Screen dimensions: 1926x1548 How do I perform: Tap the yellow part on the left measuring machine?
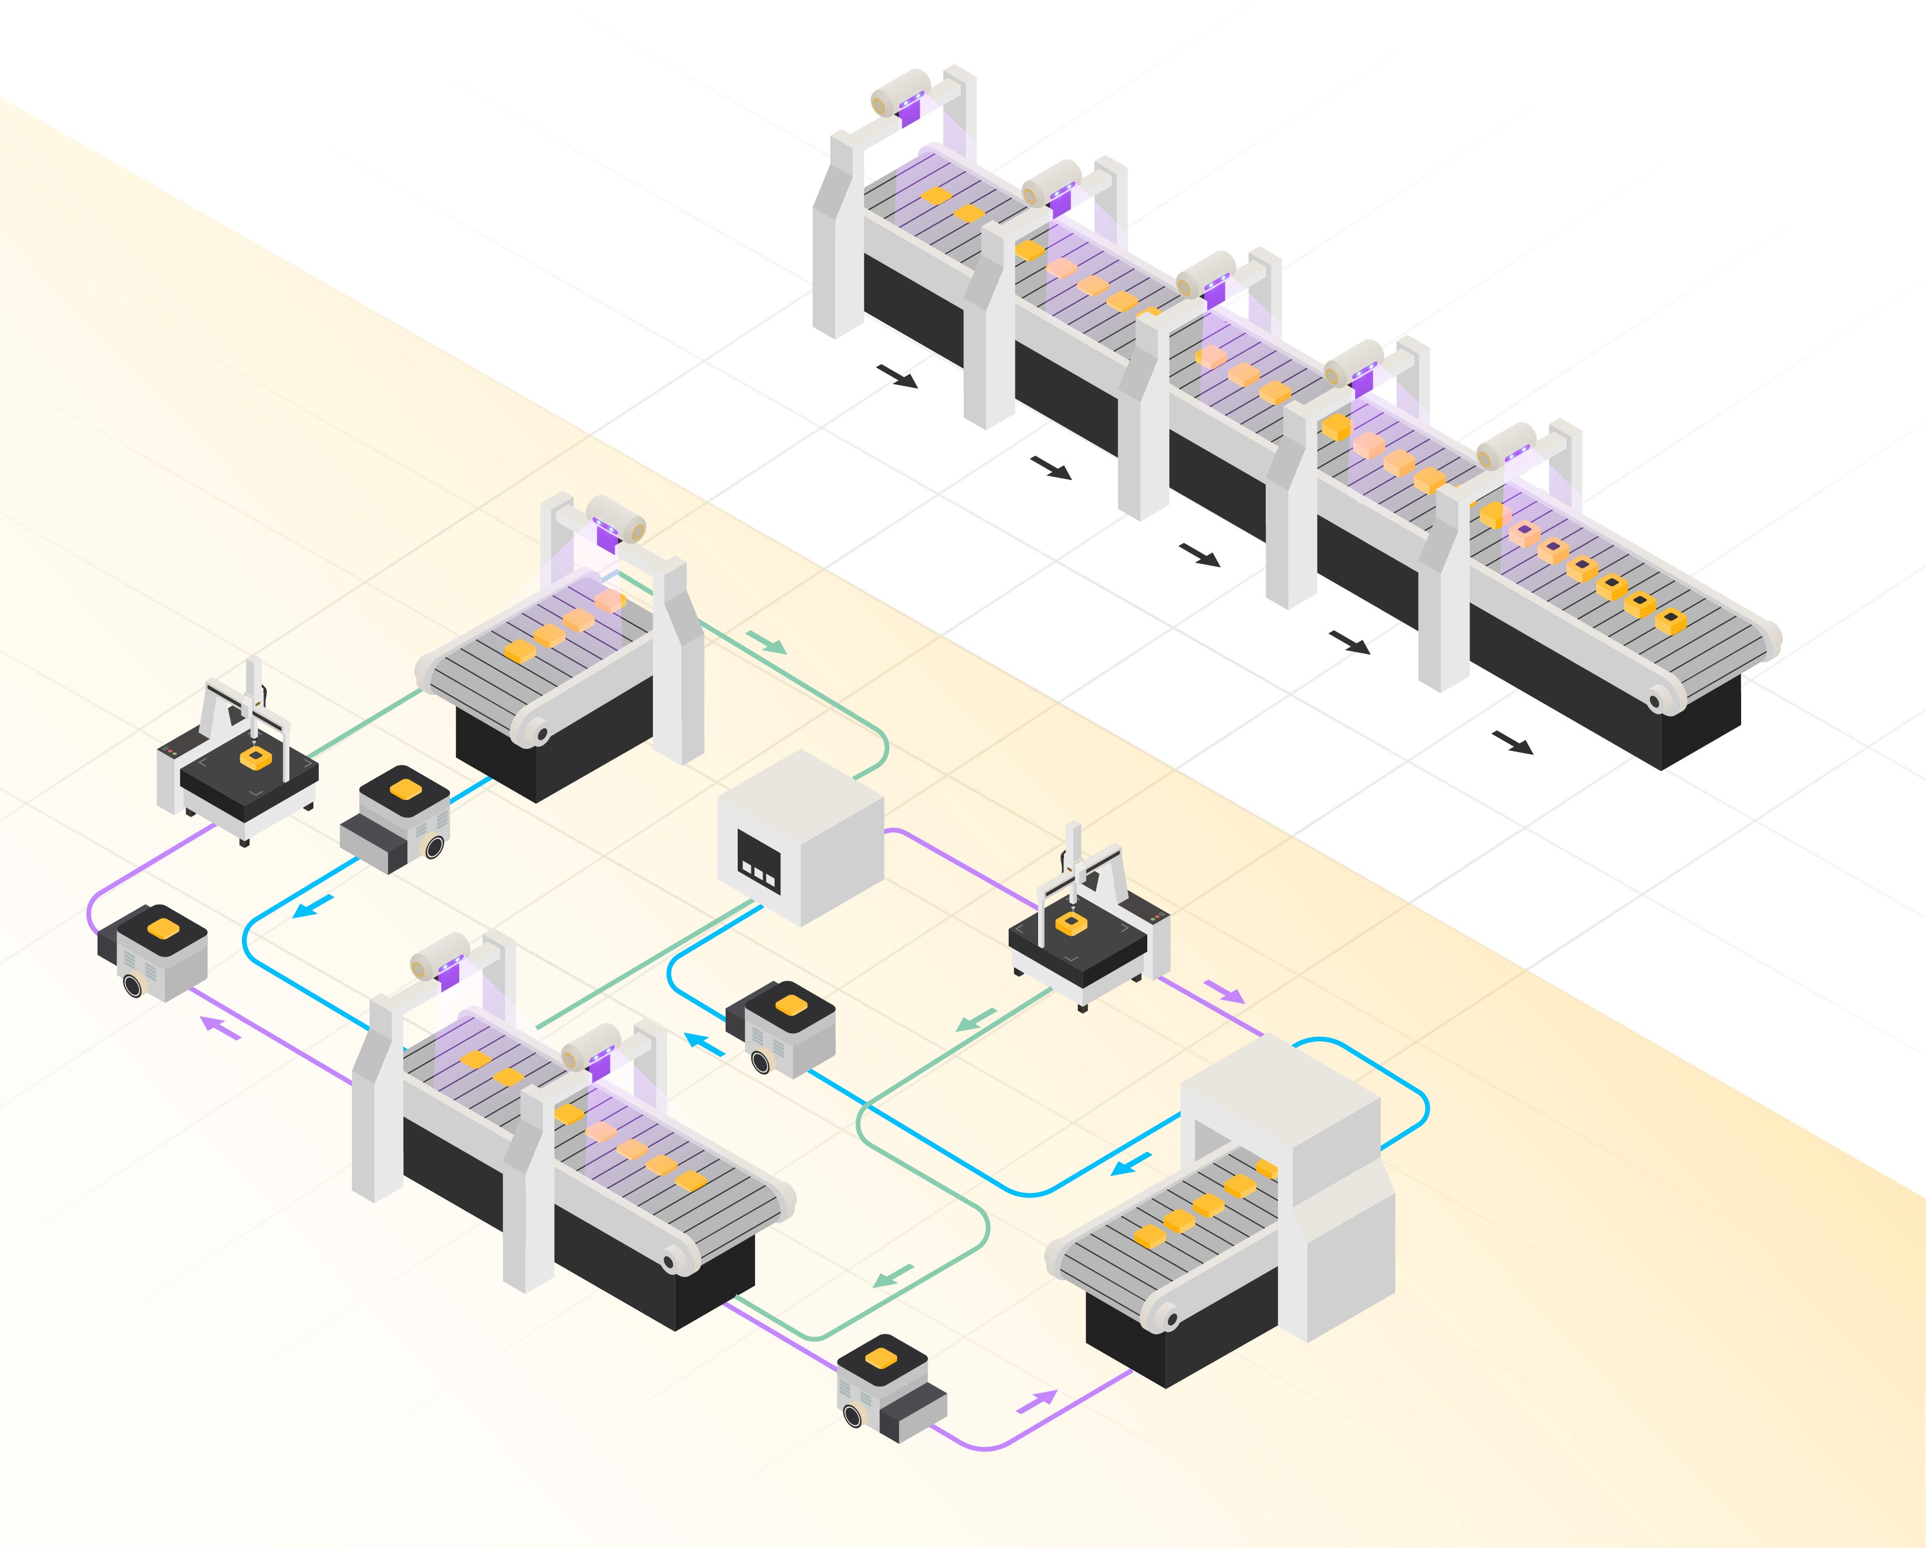coord(255,759)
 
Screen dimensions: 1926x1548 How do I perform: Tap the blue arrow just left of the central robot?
coord(705,1043)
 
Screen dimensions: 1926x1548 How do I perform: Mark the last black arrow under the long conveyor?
coord(1512,742)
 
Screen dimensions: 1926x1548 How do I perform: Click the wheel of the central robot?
coord(761,1061)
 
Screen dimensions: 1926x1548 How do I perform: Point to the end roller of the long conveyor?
coord(1659,699)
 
